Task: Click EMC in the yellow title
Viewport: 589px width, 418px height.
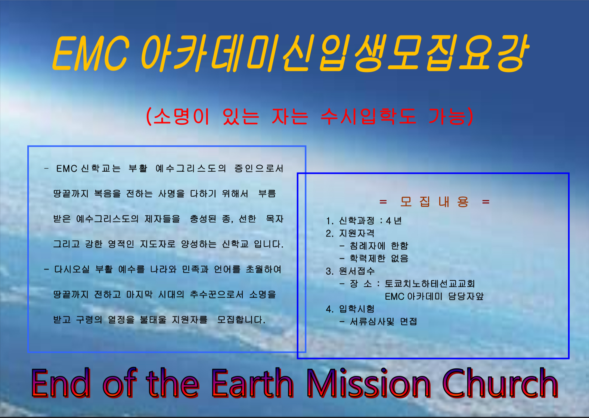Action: pyautogui.click(x=90, y=53)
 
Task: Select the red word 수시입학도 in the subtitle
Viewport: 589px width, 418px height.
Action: pyautogui.click(x=368, y=116)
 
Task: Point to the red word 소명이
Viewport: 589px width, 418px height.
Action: pyautogui.click(x=182, y=116)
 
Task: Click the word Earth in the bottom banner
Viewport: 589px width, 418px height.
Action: pyautogui.click(x=252, y=383)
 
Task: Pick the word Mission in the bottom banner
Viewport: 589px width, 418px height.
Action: pyautogui.click(x=369, y=383)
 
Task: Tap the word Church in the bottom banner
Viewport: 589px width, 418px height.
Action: pyautogui.click(x=500, y=383)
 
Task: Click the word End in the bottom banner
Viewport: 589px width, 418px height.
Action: pyautogui.click(x=61, y=383)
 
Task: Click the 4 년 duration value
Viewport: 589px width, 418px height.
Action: pyautogui.click(x=394, y=221)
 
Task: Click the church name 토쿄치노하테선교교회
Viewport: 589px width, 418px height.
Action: pyautogui.click(x=430, y=284)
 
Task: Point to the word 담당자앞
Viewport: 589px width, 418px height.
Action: pyautogui.click(x=466, y=296)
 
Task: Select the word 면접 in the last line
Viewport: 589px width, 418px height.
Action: pyautogui.click(x=408, y=321)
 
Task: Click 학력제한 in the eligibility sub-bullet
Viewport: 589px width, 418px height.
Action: pyautogui.click(x=368, y=258)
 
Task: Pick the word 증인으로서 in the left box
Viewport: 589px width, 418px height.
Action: pyautogui.click(x=259, y=168)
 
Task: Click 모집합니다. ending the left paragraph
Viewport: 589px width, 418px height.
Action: pyautogui.click(x=241, y=320)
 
